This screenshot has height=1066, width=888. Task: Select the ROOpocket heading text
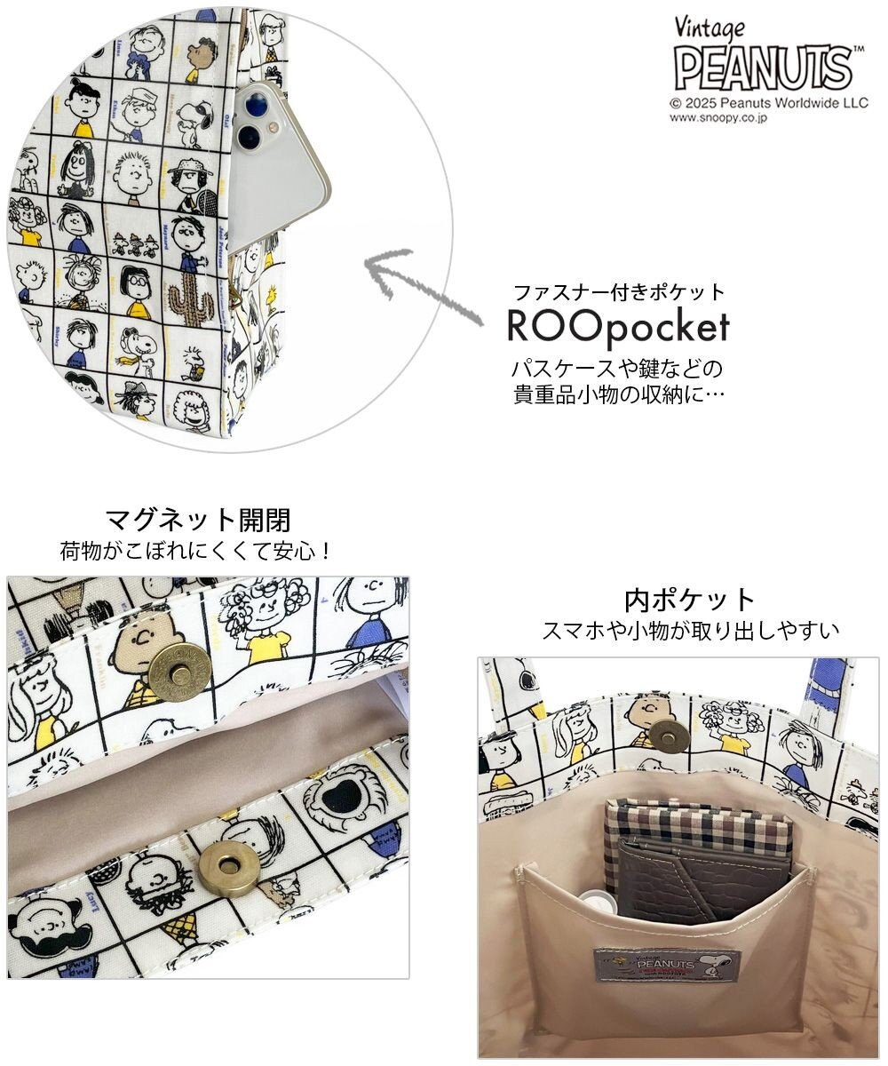click(618, 327)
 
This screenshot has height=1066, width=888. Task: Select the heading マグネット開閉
click(198, 519)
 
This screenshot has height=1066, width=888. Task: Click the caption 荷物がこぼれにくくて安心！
click(196, 551)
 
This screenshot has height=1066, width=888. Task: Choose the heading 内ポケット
click(690, 599)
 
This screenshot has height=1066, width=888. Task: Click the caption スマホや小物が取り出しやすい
click(690, 632)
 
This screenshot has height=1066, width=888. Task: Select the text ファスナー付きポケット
click(620, 292)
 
